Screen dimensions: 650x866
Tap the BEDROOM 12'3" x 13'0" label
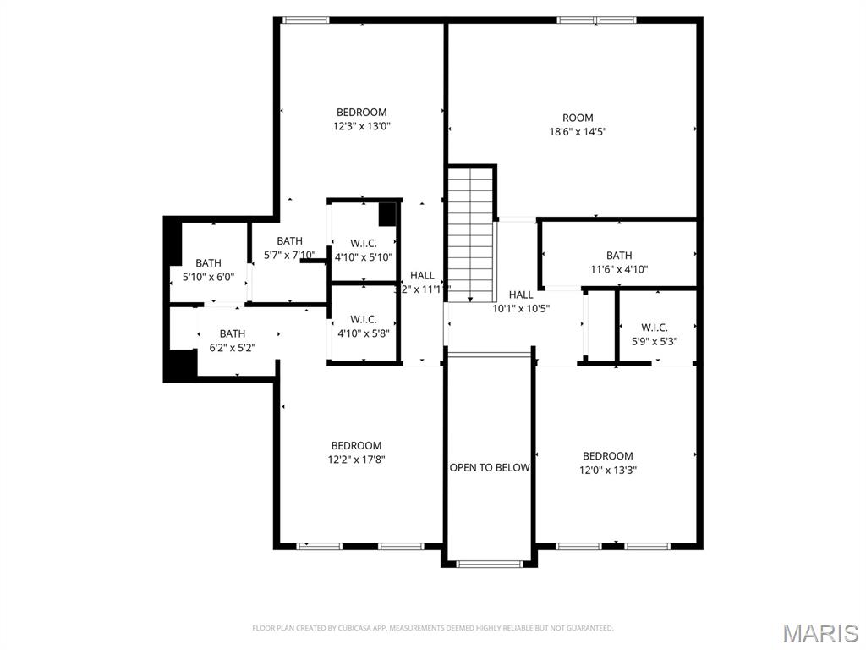pyautogui.click(x=361, y=119)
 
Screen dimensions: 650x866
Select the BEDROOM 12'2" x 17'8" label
pyautogui.click(x=356, y=453)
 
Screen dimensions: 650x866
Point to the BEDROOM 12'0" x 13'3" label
pyautogui.click(x=607, y=463)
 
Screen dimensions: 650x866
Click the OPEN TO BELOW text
pyautogui.click(x=490, y=467)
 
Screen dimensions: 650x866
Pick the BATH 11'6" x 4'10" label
pyautogui.click(x=618, y=262)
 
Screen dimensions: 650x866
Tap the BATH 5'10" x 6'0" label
pyautogui.click(x=208, y=270)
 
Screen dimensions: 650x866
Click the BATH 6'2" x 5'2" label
pyautogui.click(x=232, y=340)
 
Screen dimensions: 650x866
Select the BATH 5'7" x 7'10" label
pyautogui.click(x=289, y=248)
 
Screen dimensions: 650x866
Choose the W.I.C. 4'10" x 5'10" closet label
pyautogui.click(x=363, y=250)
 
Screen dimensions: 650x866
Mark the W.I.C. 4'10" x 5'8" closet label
pyautogui.click(x=363, y=326)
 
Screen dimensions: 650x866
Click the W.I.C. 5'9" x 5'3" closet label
pyautogui.click(x=654, y=334)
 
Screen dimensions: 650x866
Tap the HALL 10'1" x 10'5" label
pyautogui.click(x=521, y=301)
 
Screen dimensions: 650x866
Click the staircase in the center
pyautogui.click(x=470, y=233)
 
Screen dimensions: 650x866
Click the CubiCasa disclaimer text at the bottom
pyautogui.click(x=432, y=628)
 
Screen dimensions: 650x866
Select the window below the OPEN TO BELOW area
pyautogui.click(x=489, y=563)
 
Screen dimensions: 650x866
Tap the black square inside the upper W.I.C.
pyautogui.click(x=387, y=214)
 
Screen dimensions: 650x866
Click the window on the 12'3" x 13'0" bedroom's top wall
pyautogui.click(x=305, y=19)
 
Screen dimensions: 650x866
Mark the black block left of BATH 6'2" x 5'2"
pyautogui.click(x=179, y=365)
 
